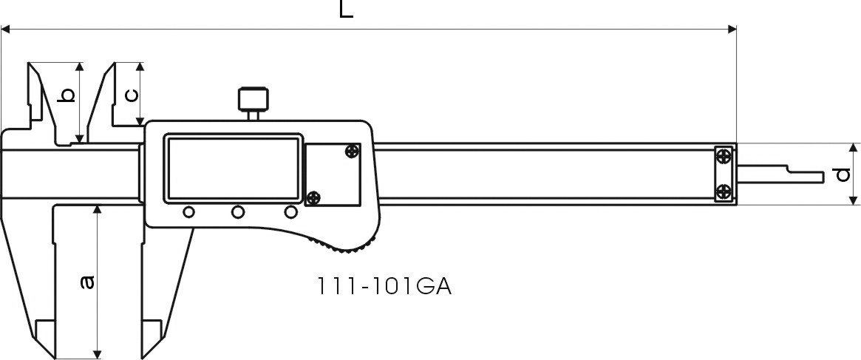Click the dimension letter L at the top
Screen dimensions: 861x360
(346, 9)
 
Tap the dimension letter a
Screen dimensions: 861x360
(86, 282)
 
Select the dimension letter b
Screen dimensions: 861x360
(67, 95)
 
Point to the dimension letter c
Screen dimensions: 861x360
(132, 95)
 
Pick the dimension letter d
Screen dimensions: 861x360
(843, 174)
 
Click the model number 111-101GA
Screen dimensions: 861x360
(384, 286)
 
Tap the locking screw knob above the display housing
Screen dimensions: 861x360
(253, 99)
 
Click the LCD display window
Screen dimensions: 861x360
(234, 169)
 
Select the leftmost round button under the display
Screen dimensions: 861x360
(189, 211)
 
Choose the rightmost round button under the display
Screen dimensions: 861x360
(290, 211)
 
